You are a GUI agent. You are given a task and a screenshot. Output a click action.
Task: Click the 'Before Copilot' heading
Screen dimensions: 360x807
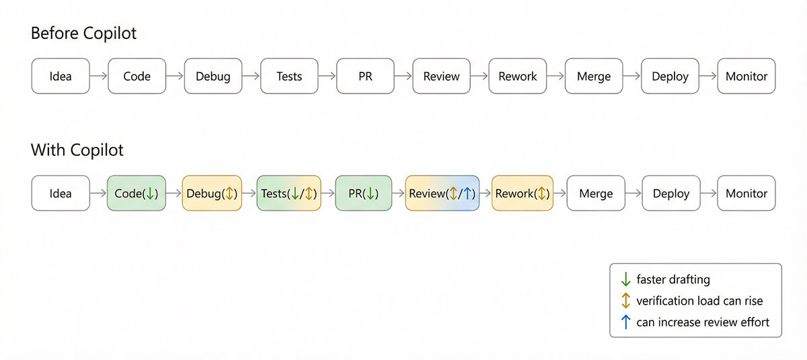[x=83, y=34]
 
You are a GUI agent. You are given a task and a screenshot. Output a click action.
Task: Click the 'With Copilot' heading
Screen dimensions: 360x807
[x=77, y=149]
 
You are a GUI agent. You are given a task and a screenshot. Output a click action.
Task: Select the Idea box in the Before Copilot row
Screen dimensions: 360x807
[x=61, y=76]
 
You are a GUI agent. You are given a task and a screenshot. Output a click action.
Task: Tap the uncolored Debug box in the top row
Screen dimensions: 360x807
[x=213, y=76]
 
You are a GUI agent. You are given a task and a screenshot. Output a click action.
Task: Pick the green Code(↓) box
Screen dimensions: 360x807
[x=136, y=194]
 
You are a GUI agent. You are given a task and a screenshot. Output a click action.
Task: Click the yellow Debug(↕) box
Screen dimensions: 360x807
[x=212, y=194]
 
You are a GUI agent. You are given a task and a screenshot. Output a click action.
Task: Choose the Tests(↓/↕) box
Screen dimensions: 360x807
[x=289, y=194]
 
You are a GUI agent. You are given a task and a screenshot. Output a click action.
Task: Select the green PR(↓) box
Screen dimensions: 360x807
[x=364, y=194]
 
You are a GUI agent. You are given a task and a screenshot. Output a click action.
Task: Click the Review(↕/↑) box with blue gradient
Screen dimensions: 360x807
[x=442, y=194]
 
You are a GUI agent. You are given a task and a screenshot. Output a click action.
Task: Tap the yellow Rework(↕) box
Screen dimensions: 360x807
[x=523, y=194]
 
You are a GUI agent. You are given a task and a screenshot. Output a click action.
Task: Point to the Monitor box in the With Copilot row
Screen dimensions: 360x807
[x=746, y=194]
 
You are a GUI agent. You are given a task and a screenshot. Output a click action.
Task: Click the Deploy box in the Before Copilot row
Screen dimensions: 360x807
[x=670, y=76]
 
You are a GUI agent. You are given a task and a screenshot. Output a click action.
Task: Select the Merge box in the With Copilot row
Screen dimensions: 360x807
[x=595, y=194]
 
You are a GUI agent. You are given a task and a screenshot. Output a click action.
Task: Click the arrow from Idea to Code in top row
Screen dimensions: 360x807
[x=98, y=76]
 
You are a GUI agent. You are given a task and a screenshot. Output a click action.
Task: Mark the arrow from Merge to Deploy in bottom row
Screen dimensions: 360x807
[x=633, y=194]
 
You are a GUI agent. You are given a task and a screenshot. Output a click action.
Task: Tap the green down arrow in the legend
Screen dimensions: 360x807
[x=625, y=279]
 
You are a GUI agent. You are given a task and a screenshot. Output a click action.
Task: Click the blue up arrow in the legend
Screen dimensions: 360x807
[x=625, y=322]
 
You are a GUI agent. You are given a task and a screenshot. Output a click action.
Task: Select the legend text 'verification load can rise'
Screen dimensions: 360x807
[x=699, y=301]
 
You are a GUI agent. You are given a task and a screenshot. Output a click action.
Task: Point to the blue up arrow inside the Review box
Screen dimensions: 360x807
[x=468, y=194]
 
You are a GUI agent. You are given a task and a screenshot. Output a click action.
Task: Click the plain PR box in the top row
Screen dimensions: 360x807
[x=365, y=76]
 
